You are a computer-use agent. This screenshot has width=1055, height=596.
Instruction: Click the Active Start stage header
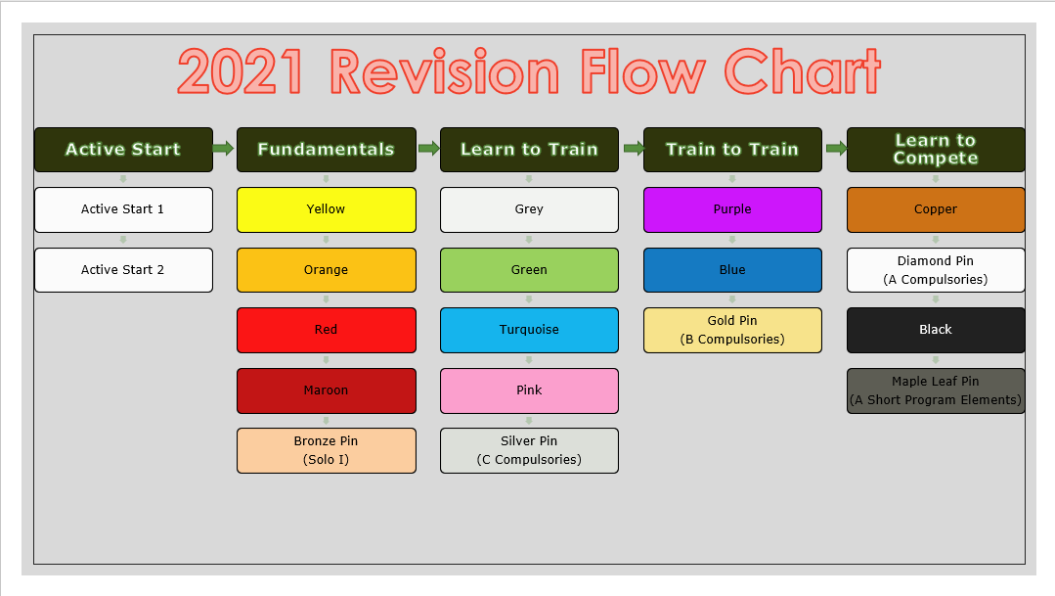[x=123, y=150]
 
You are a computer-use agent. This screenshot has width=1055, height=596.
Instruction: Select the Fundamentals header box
[x=326, y=150]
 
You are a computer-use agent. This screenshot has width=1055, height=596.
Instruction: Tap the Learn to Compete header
[x=935, y=150]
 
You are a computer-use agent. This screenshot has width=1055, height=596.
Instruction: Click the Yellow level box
[x=326, y=209]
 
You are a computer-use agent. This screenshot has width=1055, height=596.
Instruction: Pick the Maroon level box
[x=326, y=390]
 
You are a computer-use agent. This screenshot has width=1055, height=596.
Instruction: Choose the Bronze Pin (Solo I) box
[x=326, y=450]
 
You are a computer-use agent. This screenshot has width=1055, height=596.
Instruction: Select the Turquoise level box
[x=529, y=330]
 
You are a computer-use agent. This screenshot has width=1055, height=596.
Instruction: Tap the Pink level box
[x=529, y=390]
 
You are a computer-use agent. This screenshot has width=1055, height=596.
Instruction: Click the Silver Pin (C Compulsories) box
[x=529, y=450]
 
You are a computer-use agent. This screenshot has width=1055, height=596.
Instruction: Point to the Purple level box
[x=732, y=209]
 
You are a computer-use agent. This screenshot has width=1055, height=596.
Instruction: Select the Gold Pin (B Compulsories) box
[x=732, y=330]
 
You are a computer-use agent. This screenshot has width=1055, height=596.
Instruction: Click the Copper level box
[x=935, y=209]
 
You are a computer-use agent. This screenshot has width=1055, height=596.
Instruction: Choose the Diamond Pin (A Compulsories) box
[x=935, y=270]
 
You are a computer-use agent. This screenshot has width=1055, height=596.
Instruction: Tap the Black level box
[x=935, y=330]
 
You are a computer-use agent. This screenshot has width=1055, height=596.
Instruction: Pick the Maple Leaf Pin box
[x=935, y=390]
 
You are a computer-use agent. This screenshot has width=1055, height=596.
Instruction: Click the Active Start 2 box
[x=123, y=270]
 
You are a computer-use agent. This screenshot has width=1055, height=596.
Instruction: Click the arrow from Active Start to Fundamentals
[x=224, y=149]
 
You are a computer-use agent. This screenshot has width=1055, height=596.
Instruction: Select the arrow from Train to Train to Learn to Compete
[x=834, y=149]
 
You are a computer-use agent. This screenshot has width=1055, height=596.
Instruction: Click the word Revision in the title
[x=445, y=73]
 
